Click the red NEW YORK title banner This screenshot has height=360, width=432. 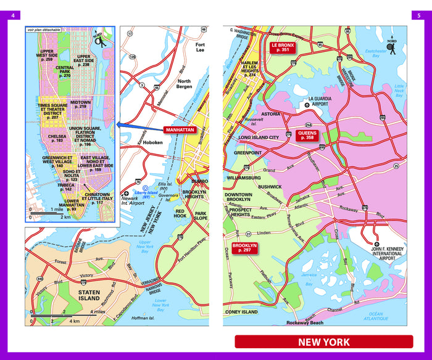coord(323,342)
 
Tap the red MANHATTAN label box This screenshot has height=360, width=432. coord(180,130)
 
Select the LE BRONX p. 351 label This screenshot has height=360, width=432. coord(283,47)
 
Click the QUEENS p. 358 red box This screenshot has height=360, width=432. coord(307,136)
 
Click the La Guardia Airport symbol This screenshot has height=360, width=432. coord(307,105)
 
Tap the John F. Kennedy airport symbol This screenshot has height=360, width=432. coord(376,243)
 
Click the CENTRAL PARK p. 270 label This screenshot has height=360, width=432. coord(64,72)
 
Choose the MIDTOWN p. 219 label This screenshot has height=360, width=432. coord(80,105)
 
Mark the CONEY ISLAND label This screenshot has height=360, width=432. coord(241,312)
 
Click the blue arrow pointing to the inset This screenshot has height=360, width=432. coord(138,126)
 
